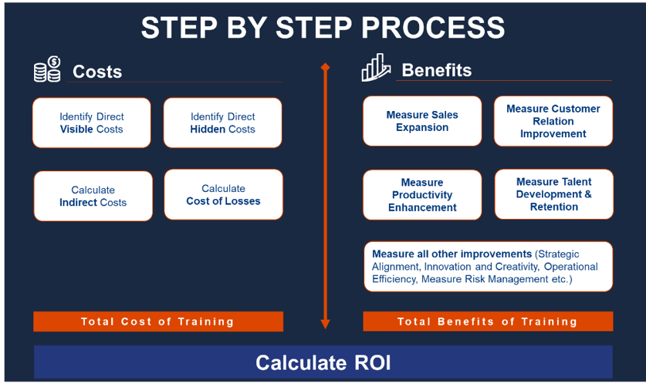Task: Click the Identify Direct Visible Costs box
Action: [x=91, y=123]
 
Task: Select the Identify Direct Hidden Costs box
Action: [x=222, y=123]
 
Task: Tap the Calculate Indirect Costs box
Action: [x=93, y=196]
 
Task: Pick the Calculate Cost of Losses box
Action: [x=223, y=194]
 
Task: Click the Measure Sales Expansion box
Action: [x=422, y=121]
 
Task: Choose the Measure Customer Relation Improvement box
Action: [x=553, y=121]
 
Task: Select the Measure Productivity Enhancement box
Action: [x=422, y=195]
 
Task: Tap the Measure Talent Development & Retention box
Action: [x=553, y=194]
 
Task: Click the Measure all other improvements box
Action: [x=488, y=266]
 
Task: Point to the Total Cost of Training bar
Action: [x=158, y=321]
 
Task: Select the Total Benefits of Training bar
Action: [x=488, y=321]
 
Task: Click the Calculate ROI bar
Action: [x=323, y=362]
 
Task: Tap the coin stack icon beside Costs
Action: [x=47, y=69]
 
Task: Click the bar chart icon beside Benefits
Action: [x=376, y=68]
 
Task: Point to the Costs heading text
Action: [x=97, y=72]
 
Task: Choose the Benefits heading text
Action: [x=437, y=70]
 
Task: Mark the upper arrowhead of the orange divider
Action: [x=325, y=68]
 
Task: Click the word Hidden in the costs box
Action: [x=207, y=130]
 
